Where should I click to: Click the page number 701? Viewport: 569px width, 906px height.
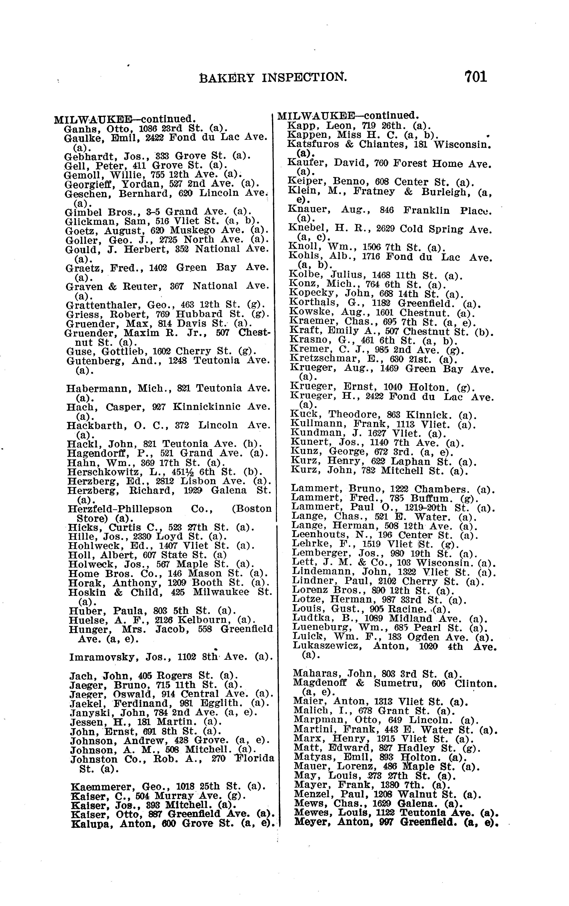(476, 77)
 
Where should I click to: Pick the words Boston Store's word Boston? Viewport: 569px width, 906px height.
(253, 509)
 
